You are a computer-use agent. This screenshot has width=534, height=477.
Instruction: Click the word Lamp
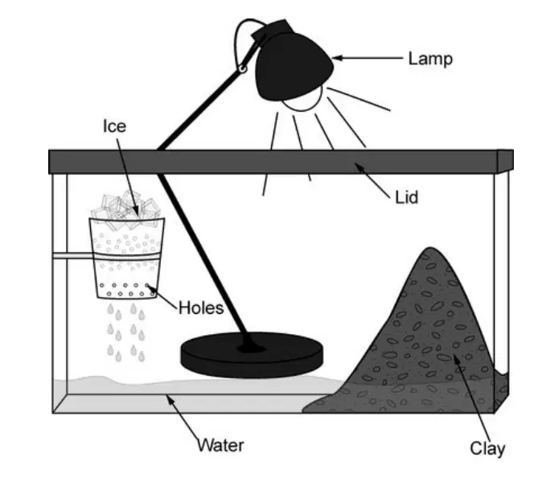[x=430, y=59]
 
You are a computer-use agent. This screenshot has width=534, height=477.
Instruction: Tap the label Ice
[x=115, y=126]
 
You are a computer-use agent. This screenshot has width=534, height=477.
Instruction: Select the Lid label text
[x=406, y=198]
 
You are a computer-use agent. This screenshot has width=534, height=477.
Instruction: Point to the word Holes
[x=201, y=308]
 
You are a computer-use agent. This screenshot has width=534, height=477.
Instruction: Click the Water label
[x=221, y=446]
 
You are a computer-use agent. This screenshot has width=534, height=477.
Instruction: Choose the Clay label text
[x=487, y=449]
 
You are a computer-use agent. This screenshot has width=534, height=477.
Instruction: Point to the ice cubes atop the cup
[x=125, y=207]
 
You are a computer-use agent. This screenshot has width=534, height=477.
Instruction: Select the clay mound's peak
[x=430, y=248]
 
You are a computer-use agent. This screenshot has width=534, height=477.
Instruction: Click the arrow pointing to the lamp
[x=368, y=58]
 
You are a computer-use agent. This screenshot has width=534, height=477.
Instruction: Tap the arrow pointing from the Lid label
[x=372, y=180]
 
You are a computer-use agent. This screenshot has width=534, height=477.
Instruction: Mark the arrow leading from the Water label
[x=183, y=418]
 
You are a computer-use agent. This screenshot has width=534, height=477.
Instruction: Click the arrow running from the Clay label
[x=471, y=397]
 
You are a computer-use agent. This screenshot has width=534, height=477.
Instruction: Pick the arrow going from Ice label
[x=128, y=177]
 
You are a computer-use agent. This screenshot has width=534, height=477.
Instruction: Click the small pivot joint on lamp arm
[x=243, y=69]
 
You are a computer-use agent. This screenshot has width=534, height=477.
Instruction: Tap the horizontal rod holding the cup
[x=72, y=255]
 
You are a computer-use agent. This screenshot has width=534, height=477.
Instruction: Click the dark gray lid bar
[x=281, y=161]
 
